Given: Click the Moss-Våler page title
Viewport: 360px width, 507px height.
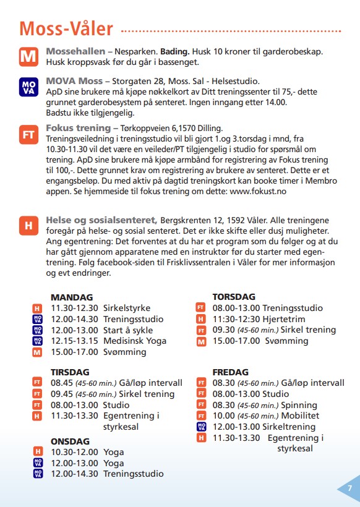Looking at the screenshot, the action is point(66,28).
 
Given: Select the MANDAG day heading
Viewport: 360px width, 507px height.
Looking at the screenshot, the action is point(72,297).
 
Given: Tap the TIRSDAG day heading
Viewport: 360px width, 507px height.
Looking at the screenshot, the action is point(70,372).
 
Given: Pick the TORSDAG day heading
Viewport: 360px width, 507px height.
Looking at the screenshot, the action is point(234,297).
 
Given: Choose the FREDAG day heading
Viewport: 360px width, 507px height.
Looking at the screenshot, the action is point(231,372).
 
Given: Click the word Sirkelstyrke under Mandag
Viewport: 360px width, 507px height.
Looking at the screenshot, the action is point(127,308).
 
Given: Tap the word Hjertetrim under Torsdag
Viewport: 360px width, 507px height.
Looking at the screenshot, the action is point(285,319).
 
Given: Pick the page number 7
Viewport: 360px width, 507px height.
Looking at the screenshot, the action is point(350,488).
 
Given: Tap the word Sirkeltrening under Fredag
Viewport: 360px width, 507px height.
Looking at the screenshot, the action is point(286,427).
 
